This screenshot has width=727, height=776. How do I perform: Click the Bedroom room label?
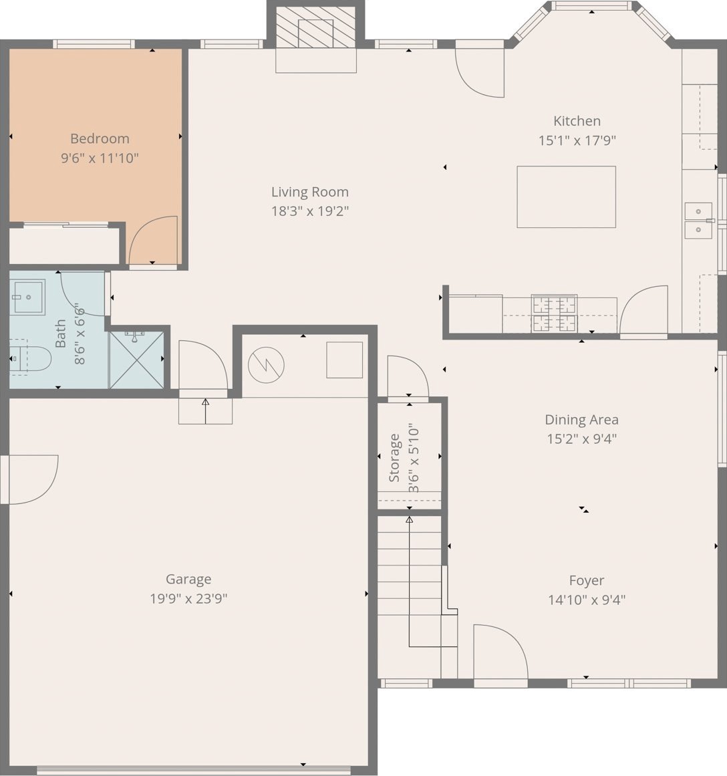coord(100,138)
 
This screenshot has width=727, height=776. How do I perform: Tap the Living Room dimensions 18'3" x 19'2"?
coord(310,211)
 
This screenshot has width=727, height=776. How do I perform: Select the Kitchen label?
coord(577,121)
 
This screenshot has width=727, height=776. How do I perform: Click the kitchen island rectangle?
coord(566,197)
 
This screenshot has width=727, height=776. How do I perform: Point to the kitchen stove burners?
coord(555,313)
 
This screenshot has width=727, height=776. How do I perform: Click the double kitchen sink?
coord(698,220)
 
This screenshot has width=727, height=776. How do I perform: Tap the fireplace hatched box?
coord(316,27)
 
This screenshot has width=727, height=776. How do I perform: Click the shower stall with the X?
coord(136,360)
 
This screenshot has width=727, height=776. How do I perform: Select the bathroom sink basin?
coord(28,297)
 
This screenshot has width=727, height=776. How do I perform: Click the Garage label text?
coord(188,579)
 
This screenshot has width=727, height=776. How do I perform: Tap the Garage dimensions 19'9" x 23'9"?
coord(188,599)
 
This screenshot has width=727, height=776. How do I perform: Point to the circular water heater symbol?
coord(266,365)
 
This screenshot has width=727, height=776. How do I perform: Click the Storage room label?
coord(394,458)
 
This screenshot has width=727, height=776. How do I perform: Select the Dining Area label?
coord(581,420)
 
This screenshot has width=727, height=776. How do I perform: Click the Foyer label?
coord(587,581)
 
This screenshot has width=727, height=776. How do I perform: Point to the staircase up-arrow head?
coord(410,519)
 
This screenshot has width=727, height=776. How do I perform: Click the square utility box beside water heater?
coord(344,360)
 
